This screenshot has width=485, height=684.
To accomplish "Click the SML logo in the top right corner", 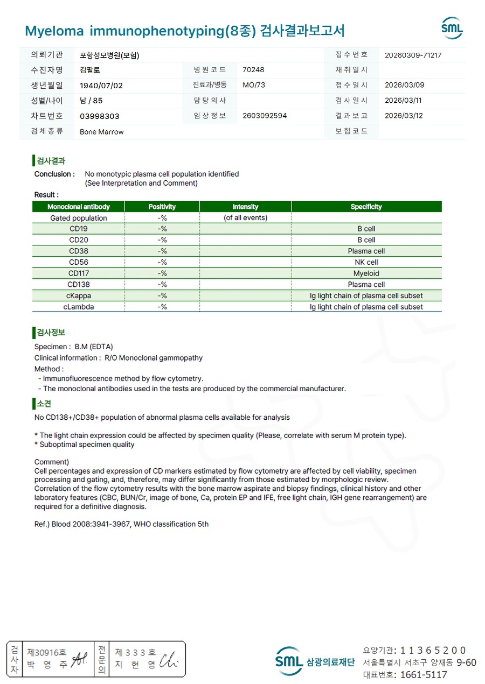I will point(452,29).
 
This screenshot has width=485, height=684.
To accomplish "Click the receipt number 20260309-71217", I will point(413,55).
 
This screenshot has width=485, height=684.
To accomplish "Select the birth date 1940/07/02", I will point(101,86).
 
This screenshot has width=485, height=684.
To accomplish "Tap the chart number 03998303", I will point(100,116).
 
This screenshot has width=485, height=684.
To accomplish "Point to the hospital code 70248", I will point(253,70).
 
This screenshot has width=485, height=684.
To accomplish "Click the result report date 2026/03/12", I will point(404,116).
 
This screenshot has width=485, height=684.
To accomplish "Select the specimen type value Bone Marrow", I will point(102,132).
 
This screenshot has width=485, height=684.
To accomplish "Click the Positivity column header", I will point(162,207).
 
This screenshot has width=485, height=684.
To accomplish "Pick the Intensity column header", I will point(245,207).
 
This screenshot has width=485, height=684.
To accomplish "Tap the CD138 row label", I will point(79,284).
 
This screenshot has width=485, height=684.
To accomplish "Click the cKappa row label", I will point(79,295).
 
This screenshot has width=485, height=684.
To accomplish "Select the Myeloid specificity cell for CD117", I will point(366,273).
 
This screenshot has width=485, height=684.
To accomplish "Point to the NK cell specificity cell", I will point(366,262).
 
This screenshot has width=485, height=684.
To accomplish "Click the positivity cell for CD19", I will point(162,229).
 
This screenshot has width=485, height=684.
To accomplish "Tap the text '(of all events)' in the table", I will point(245,218).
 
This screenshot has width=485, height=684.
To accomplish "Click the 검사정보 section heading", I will point(51,333).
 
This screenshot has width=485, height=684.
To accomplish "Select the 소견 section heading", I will point(44,404).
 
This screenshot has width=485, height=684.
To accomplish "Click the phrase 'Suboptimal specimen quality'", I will point(87,445).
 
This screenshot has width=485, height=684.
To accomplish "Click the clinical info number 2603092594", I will point(265,116).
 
